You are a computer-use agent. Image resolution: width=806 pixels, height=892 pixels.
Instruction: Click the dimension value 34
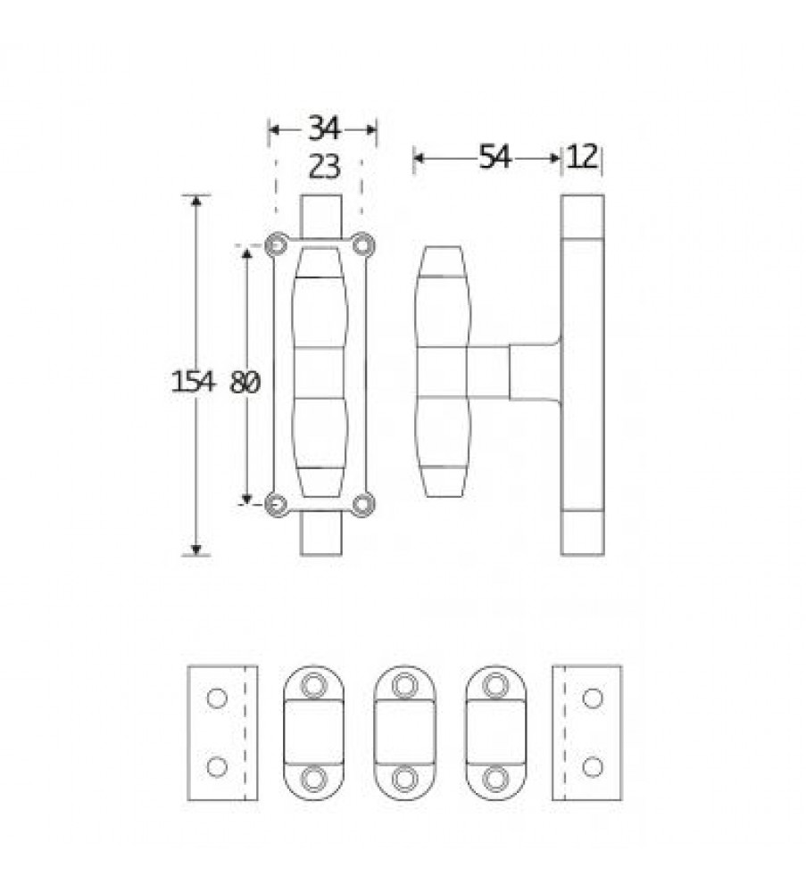pos(324,128)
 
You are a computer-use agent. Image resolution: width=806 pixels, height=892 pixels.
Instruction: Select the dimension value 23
pos(324,168)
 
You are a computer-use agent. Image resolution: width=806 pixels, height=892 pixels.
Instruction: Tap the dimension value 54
pos(494,157)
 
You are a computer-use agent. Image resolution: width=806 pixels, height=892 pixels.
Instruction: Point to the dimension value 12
pos(583,156)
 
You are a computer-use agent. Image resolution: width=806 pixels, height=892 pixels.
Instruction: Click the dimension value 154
pos(194,381)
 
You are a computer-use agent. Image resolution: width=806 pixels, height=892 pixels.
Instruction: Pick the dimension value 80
pos(245,383)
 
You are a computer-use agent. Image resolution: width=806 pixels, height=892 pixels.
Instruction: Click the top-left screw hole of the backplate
pos(276,245)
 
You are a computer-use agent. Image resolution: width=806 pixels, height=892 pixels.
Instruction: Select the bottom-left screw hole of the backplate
pos(276,505)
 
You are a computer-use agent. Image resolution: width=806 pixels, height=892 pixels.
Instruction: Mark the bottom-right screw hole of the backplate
pos(362,504)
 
